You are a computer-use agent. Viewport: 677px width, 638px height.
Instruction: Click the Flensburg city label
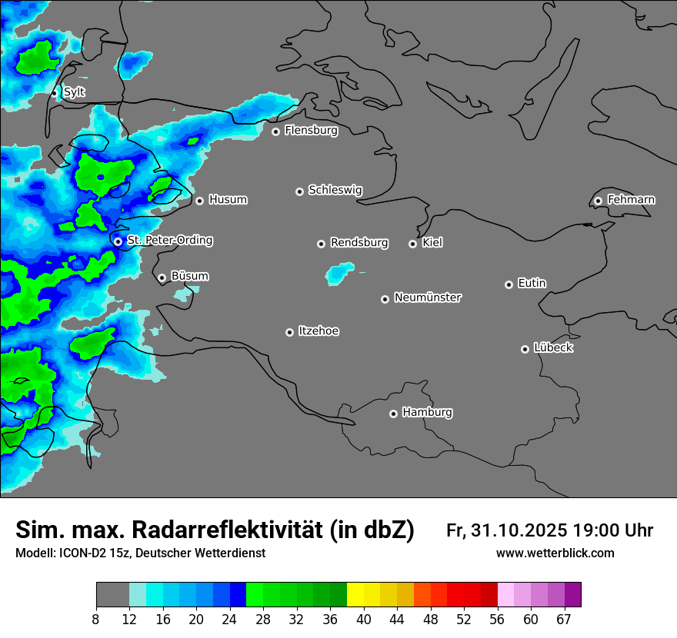click(x=311, y=131)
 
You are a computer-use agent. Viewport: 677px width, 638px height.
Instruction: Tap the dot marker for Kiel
click(x=412, y=244)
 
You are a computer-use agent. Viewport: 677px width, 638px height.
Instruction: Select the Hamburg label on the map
click(x=427, y=413)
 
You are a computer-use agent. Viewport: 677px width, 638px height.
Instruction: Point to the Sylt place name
click(x=74, y=92)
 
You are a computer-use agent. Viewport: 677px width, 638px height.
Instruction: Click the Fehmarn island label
click(x=631, y=200)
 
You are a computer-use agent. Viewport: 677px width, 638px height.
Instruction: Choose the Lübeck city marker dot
click(x=525, y=349)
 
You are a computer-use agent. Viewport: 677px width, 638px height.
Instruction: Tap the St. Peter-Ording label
click(x=169, y=241)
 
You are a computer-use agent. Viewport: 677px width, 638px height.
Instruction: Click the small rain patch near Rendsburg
click(x=339, y=272)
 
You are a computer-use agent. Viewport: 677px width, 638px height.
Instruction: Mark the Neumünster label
click(x=428, y=297)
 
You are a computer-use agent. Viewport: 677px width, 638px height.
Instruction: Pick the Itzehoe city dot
click(x=289, y=332)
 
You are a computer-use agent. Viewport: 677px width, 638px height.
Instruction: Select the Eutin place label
click(x=532, y=284)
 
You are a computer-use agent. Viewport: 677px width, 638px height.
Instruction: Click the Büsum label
click(x=189, y=276)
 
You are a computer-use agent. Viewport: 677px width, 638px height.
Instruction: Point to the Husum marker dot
click(x=199, y=201)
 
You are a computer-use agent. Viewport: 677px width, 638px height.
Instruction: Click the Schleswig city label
click(x=335, y=190)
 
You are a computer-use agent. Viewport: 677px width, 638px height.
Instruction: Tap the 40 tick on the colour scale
click(x=364, y=620)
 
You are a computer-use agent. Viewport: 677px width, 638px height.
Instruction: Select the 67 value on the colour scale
click(x=564, y=620)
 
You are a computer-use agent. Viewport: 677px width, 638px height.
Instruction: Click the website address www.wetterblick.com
click(x=555, y=553)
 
